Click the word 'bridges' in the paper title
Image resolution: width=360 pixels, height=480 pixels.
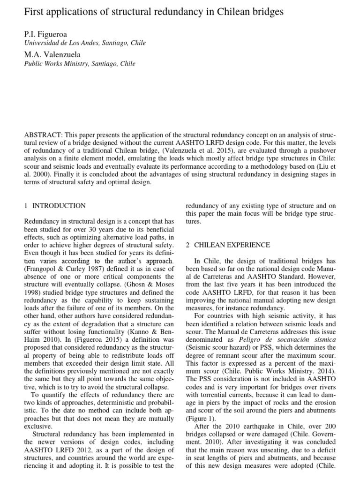(x=266, y=13)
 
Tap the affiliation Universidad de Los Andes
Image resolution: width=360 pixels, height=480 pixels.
(x=59, y=43)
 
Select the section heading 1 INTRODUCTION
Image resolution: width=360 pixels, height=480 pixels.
(x=54, y=205)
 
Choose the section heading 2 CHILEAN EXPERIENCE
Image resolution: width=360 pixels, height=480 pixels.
(x=228, y=245)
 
